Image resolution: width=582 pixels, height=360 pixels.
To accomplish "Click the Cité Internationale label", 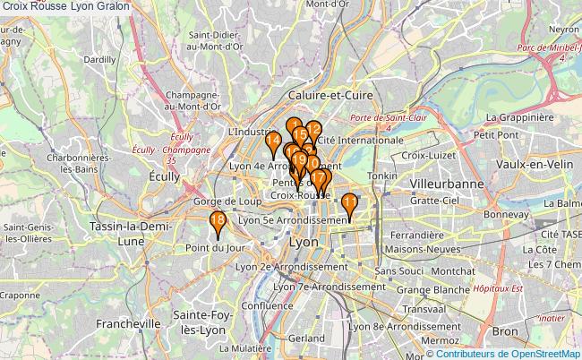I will coord(360,141).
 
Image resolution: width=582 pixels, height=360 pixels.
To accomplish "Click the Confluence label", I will coord(261,305).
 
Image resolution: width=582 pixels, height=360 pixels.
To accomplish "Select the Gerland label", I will coord(306,339).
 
